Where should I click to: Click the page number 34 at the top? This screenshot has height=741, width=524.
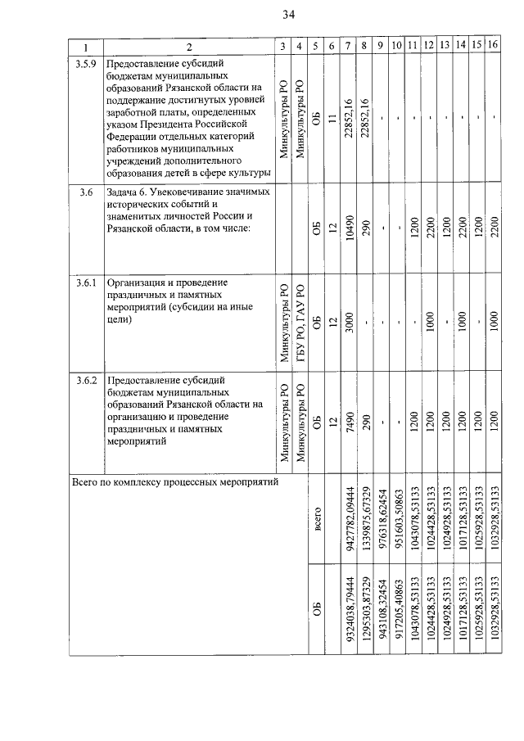point(288,15)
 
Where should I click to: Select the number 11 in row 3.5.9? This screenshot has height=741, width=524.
point(332,120)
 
